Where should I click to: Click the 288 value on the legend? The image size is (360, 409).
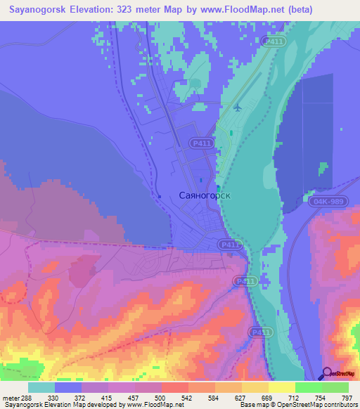[28, 397]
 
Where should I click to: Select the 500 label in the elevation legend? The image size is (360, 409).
[162, 397]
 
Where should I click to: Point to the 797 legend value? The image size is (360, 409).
[348, 397]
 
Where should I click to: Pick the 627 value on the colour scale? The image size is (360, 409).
[241, 397]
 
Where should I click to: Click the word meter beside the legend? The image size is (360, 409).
[11, 397]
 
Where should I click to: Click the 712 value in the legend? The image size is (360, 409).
[295, 397]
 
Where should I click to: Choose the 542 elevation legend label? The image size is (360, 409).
[188, 397]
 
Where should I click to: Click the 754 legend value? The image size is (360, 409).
[321, 397]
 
